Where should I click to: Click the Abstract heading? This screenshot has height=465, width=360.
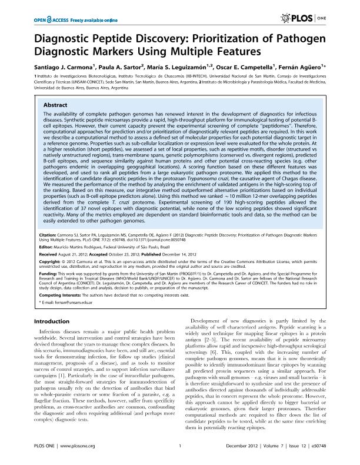tap(54, 105)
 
